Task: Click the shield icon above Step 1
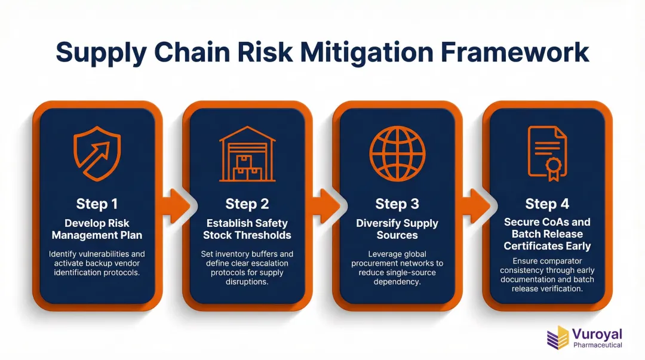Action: tap(97, 153)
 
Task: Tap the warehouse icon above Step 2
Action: tap(247, 154)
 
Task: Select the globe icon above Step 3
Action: tap(397, 154)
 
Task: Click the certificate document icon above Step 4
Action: tap(547, 153)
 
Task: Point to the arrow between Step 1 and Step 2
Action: tap(176, 206)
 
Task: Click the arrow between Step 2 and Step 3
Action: tap(326, 206)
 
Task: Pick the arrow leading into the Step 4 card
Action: tap(477, 206)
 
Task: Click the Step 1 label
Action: tap(97, 204)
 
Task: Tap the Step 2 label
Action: tap(247, 204)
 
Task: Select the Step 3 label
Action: tap(397, 204)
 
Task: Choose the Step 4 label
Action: tap(547, 204)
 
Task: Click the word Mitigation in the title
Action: tap(367, 53)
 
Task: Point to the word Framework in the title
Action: tap(515, 52)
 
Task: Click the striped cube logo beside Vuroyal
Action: tap(558, 337)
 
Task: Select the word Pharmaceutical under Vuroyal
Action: tap(598, 345)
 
